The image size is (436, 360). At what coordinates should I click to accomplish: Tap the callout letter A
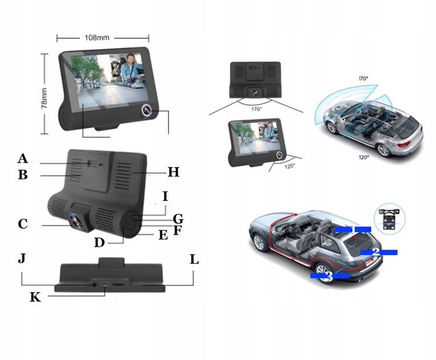coord(23,159)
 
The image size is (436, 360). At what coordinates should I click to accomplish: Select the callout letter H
coord(174,172)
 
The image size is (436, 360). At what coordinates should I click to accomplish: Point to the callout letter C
coord(23,224)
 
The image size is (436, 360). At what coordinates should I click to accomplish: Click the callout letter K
coord(35,297)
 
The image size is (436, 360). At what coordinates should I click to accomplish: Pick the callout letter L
coord(194,260)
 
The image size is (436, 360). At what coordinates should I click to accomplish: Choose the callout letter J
coord(22,260)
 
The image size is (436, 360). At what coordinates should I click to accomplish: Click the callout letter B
coord(23,175)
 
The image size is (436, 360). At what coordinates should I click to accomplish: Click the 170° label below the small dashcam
coord(257,109)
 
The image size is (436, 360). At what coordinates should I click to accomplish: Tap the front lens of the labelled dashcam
coord(77,221)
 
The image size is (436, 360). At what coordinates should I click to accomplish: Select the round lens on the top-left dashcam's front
coord(147,111)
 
